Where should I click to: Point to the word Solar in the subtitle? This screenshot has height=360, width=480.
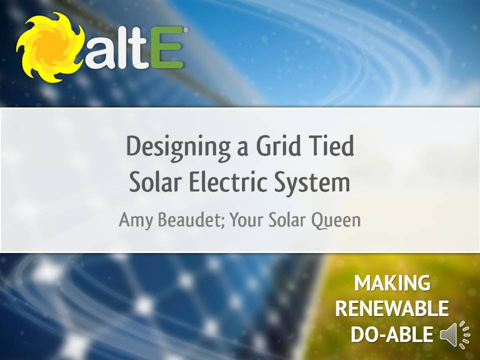coord(288,219)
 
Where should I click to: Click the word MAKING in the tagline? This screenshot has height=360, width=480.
coord(392,283)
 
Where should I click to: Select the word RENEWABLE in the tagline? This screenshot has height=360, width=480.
coord(391,309)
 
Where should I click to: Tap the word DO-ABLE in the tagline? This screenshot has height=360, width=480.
coord(391,334)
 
